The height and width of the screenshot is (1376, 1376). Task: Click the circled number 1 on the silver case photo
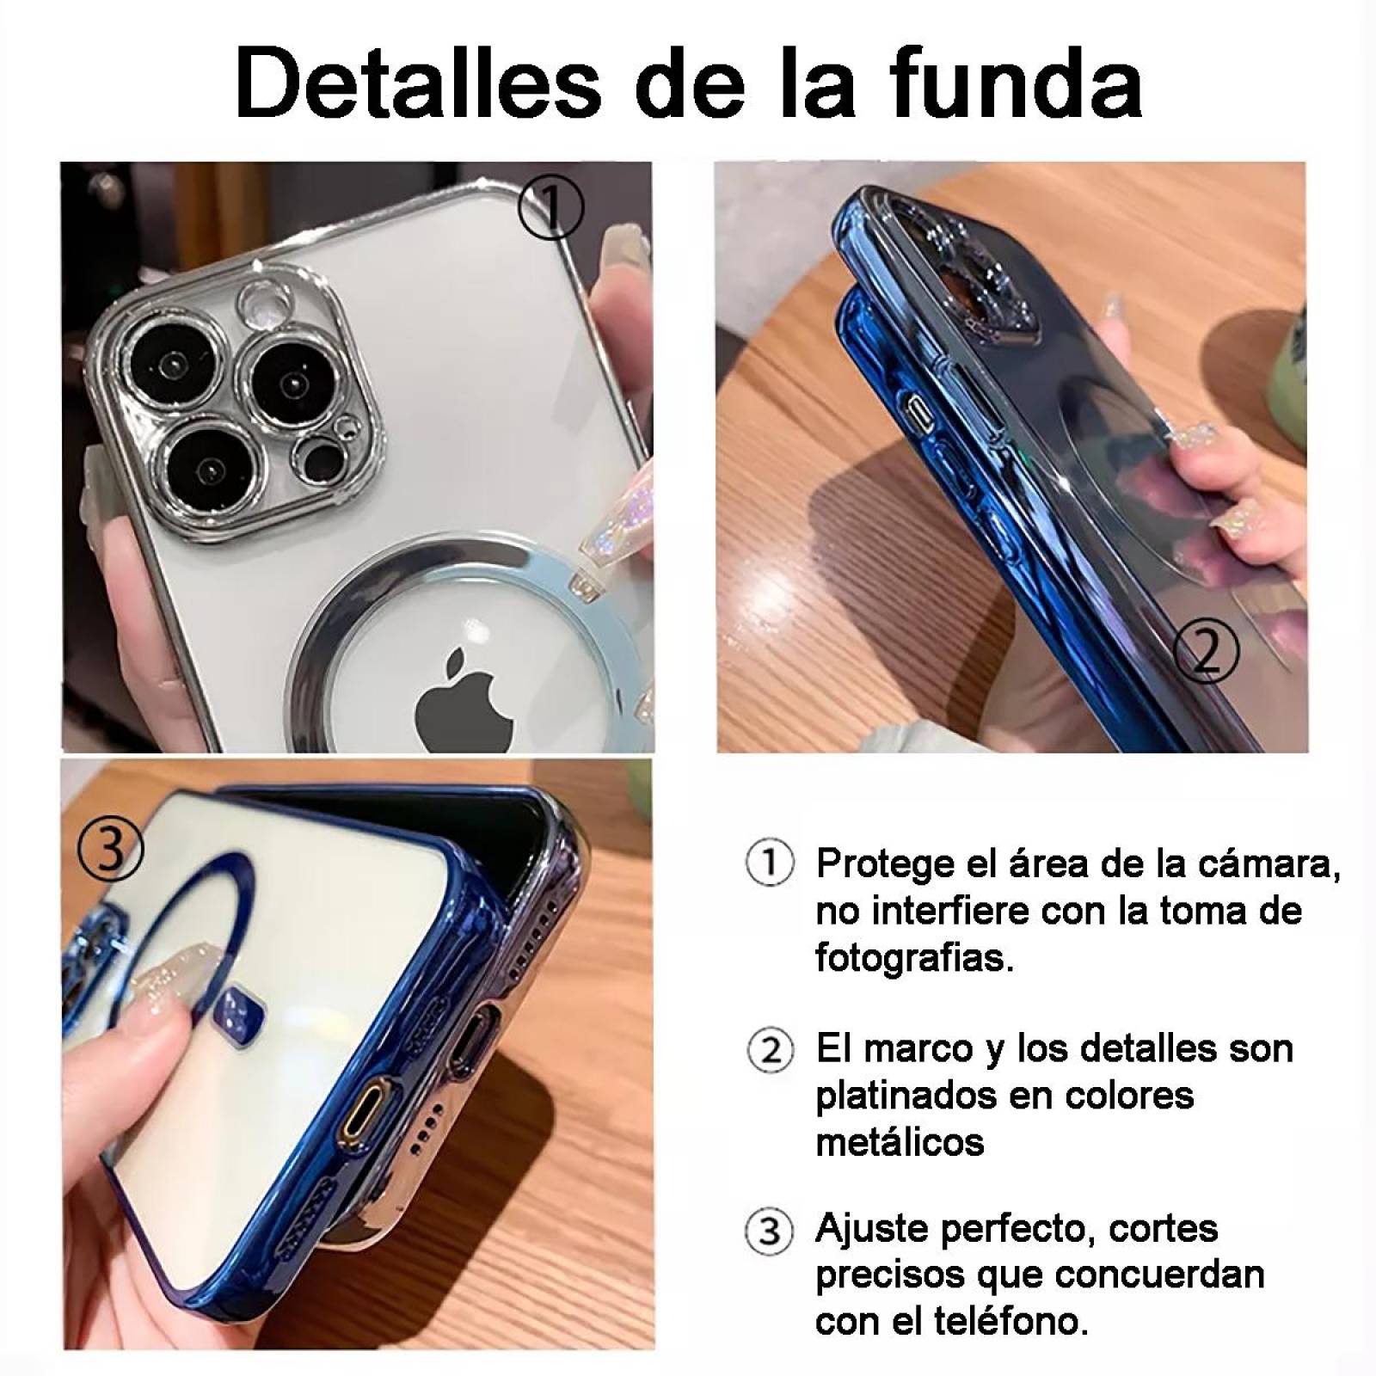551,207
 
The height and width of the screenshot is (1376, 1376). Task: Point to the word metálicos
900,1142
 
